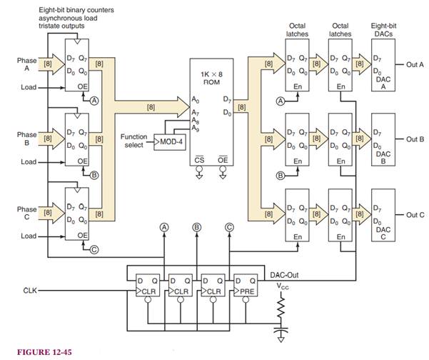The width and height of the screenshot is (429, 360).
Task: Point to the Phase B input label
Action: (26, 139)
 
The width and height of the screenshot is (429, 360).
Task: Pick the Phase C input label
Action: (26, 213)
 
